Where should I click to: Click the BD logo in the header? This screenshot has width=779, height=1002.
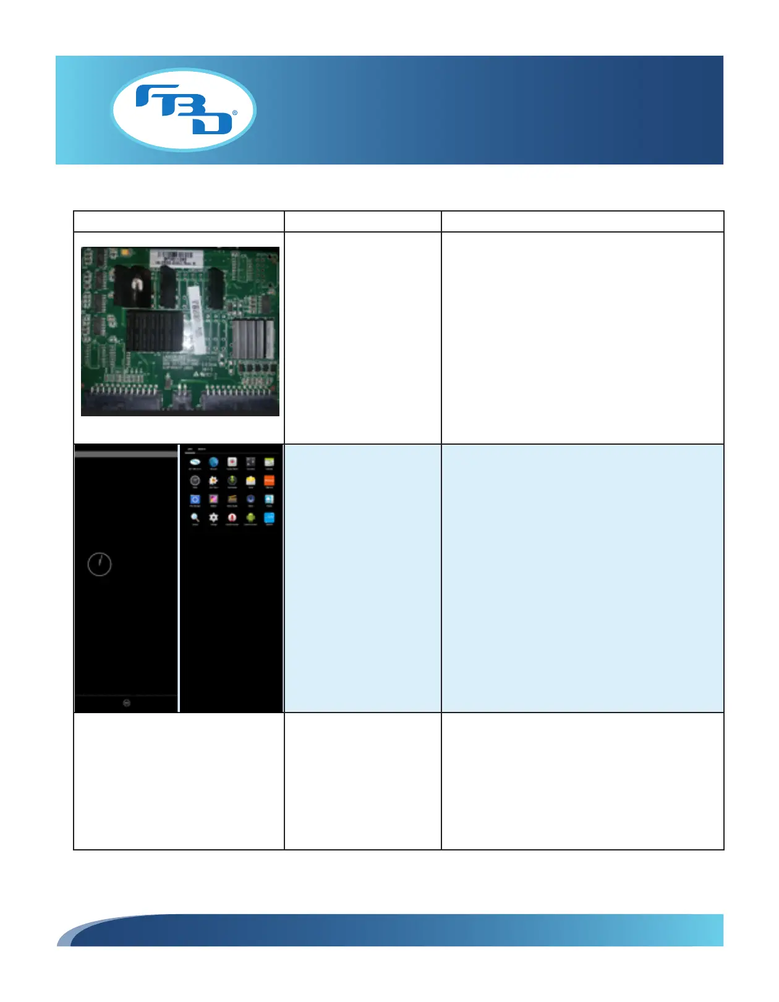click(x=183, y=110)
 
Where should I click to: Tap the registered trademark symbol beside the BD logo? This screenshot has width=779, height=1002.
click(x=234, y=113)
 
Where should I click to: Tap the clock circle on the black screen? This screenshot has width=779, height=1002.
click(x=100, y=564)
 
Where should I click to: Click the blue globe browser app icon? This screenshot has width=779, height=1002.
click(x=213, y=462)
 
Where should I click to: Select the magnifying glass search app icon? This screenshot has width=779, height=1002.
click(x=195, y=518)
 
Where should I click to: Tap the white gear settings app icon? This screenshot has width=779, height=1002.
click(x=213, y=518)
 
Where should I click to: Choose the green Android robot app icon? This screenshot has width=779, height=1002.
click(x=250, y=518)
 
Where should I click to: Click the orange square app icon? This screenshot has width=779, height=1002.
click(x=269, y=481)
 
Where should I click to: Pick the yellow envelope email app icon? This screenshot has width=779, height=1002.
click(x=250, y=481)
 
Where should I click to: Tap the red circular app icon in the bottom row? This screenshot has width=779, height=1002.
click(x=232, y=518)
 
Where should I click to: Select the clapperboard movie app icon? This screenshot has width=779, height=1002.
click(x=232, y=499)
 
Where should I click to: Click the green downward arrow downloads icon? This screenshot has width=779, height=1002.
click(x=232, y=481)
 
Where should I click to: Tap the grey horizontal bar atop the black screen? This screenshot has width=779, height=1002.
click(x=126, y=454)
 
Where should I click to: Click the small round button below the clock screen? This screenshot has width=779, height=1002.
click(x=127, y=703)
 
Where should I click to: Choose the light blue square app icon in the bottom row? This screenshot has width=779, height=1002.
click(x=269, y=518)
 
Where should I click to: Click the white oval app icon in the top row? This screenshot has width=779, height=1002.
click(x=195, y=462)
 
